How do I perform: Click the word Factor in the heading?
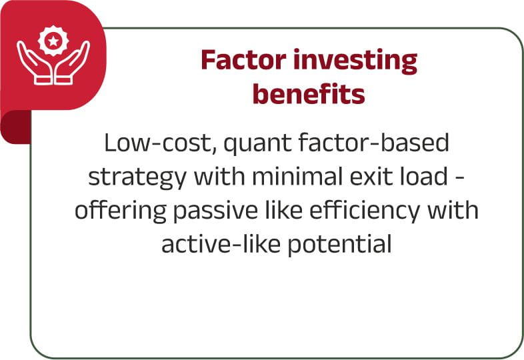[243, 59]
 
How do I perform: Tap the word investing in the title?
[355, 61]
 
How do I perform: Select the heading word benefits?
[309, 93]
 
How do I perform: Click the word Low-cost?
[161, 143]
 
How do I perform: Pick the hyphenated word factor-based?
[373, 143]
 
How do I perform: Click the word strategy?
[137, 178]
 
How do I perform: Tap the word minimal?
[298, 176]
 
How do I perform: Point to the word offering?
[120, 211]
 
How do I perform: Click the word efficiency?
[365, 212]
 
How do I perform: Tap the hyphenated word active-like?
[221, 243]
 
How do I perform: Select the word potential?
[339, 245]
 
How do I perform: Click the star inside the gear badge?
[53, 41]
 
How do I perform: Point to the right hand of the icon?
[73, 63]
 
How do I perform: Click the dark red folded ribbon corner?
[15, 127]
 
